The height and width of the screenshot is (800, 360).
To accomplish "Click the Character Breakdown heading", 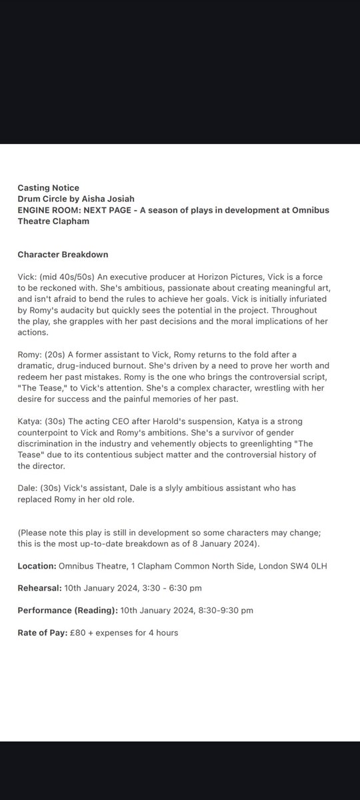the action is click(x=63, y=254).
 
